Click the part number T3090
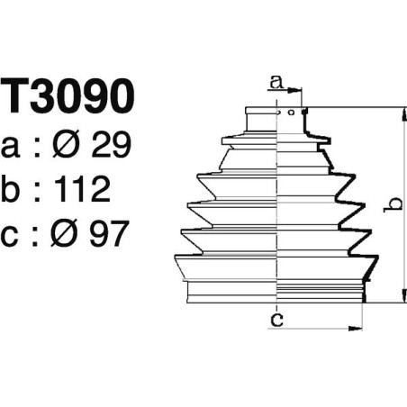[x=68, y=96]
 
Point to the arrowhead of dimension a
[x=300, y=90]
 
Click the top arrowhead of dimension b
[x=402, y=112]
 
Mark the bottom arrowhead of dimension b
[x=402, y=300]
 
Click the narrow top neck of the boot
[x=276, y=119]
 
